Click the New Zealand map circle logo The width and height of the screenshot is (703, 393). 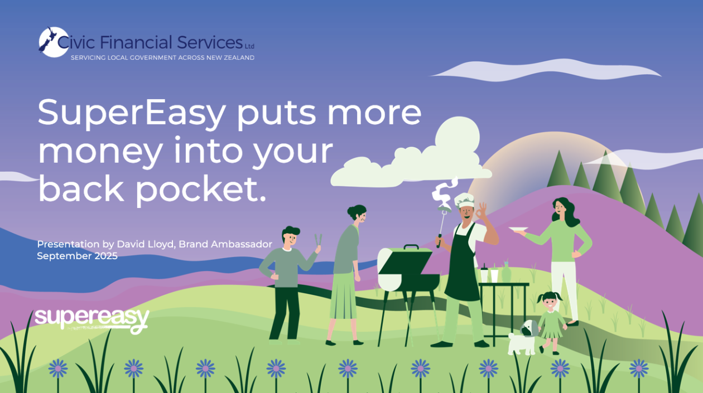click(54, 42)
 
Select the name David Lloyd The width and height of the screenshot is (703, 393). click(146, 244)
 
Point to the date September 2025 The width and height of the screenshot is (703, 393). click(77, 256)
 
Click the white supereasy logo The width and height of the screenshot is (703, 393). click(92, 321)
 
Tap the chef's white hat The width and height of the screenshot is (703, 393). click(464, 200)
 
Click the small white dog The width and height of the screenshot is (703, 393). click(523, 338)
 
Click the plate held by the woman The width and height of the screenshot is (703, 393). click(518, 229)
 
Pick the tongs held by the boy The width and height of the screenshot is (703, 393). click(318, 240)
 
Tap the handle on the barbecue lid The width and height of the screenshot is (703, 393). click(411, 247)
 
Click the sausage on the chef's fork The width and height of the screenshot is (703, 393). click(444, 208)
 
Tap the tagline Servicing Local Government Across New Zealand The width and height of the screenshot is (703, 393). click(162, 58)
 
